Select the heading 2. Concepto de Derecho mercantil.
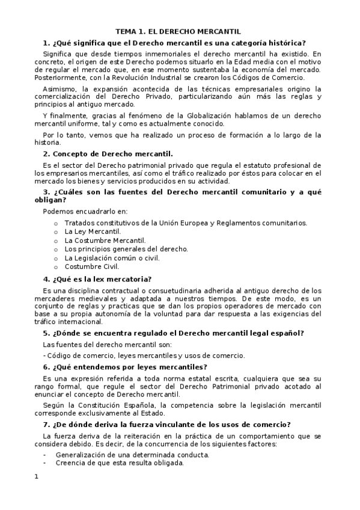tap(108, 153)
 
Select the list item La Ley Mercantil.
tap(93, 231)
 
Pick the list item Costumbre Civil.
tap(91, 266)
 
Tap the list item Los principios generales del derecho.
tap(126, 248)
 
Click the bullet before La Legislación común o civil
tap(56, 258)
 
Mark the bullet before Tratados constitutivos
tap(56, 223)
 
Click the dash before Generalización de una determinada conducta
tap(45, 455)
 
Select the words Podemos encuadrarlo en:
tap(85, 211)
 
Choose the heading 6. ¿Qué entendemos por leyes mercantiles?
tap(125, 367)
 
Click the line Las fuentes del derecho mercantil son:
tap(107, 345)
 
